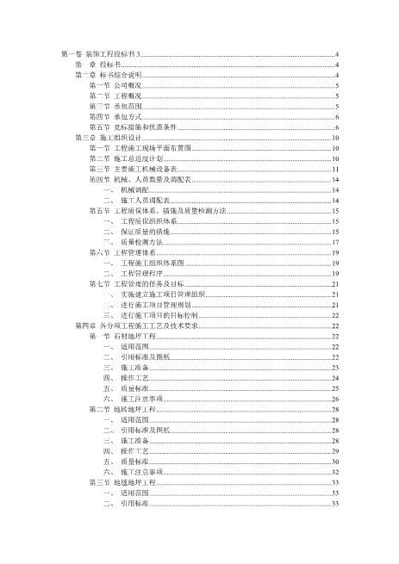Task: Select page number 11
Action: [335, 169]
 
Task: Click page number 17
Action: [335, 242]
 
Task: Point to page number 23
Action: [335, 367]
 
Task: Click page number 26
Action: [335, 399]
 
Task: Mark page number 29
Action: [335, 450]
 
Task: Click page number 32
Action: [335, 472]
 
